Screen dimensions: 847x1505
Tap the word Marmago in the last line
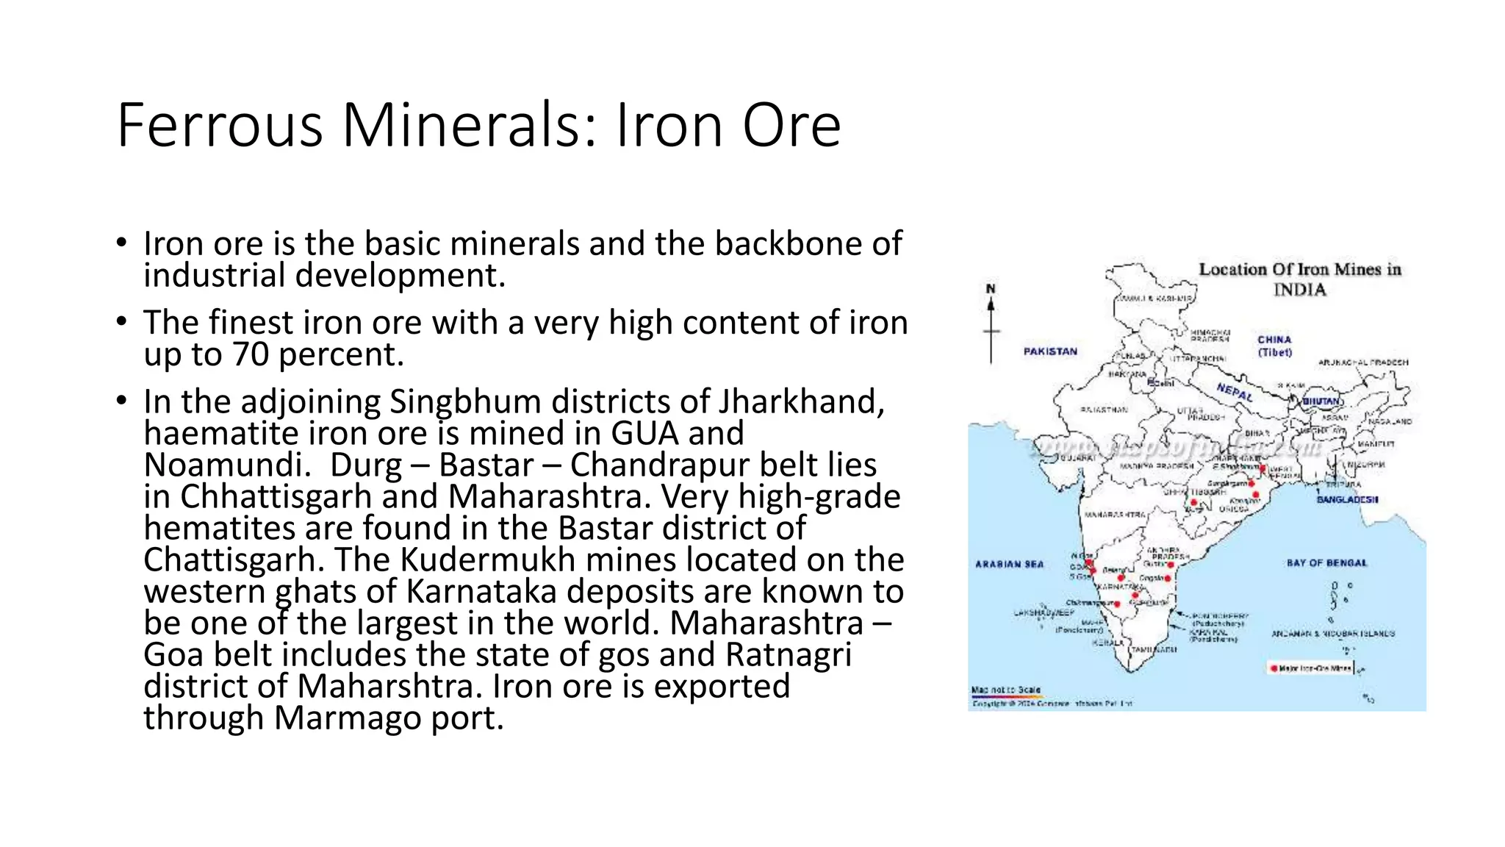348,718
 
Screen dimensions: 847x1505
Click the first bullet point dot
121,243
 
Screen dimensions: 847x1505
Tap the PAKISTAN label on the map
1050,351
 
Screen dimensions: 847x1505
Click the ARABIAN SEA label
1009,564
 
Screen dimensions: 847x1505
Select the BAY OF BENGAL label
1326,563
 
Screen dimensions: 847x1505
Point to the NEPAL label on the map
1235,392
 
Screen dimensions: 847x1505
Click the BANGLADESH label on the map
1347,499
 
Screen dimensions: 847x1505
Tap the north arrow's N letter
991,289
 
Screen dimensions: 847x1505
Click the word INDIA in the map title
1299,290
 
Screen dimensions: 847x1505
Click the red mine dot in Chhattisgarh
1194,503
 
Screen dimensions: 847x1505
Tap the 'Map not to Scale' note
1005,690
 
